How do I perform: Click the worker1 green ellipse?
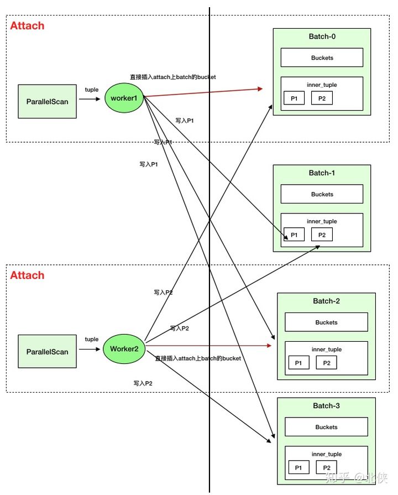(124, 98)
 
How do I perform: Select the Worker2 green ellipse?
(124, 348)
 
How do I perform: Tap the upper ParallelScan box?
(47, 101)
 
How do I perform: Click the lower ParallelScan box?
(47, 351)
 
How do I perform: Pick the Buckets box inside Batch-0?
(322, 58)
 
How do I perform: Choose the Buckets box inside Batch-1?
(322, 194)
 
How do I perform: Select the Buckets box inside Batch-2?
(326, 322)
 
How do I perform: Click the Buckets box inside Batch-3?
(326, 427)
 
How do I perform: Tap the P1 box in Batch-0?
(294, 98)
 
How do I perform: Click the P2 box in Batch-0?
(322, 98)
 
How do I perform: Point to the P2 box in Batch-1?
(322, 235)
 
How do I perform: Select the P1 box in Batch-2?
(298, 363)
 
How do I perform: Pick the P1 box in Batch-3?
(298, 467)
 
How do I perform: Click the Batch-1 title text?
(322, 173)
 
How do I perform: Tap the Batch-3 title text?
(326, 405)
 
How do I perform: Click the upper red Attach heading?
(27, 25)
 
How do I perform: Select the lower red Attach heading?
(27, 275)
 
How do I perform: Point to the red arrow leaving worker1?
(203, 92)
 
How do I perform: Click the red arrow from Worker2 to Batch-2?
(208, 346)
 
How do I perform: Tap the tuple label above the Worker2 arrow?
(92, 340)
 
